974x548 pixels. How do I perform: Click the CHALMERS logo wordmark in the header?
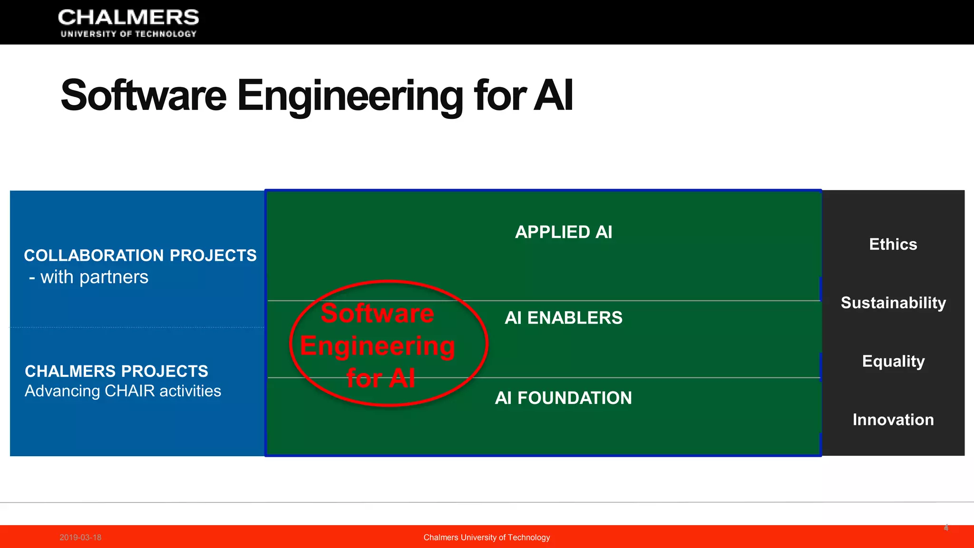click(x=128, y=18)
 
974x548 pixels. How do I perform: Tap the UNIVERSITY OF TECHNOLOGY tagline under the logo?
click(x=128, y=34)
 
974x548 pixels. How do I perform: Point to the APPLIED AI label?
click(x=564, y=232)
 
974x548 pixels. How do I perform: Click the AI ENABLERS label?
click(x=564, y=318)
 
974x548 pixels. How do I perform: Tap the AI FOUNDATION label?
click(x=564, y=398)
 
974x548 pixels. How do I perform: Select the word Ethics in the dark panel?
click(x=893, y=245)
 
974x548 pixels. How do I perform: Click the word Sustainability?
click(x=893, y=303)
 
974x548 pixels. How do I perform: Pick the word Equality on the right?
click(x=893, y=362)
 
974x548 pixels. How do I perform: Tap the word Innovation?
click(x=893, y=420)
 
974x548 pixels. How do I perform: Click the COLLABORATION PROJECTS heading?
click(x=140, y=255)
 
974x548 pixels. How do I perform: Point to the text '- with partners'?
click(x=89, y=277)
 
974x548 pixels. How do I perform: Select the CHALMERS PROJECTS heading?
click(x=117, y=371)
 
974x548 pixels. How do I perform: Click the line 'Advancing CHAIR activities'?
click(x=123, y=391)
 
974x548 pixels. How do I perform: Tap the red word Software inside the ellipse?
click(x=377, y=313)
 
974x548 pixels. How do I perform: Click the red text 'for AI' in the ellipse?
click(x=380, y=379)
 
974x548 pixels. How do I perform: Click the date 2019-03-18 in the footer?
click(x=80, y=538)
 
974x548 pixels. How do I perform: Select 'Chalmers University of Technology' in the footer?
click(x=487, y=538)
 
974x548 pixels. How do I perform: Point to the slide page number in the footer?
click(x=946, y=528)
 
